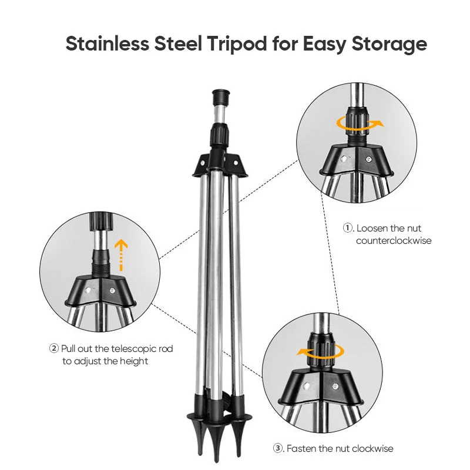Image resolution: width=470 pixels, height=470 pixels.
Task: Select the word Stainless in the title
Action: click(105, 44)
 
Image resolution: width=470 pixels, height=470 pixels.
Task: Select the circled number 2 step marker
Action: click(54, 348)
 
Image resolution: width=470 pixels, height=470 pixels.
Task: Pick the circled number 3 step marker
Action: click(278, 448)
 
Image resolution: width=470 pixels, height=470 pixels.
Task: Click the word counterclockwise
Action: click(394, 240)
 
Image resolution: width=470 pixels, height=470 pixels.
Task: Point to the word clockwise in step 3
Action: click(371, 448)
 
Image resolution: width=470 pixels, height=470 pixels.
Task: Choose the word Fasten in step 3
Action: click(302, 448)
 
